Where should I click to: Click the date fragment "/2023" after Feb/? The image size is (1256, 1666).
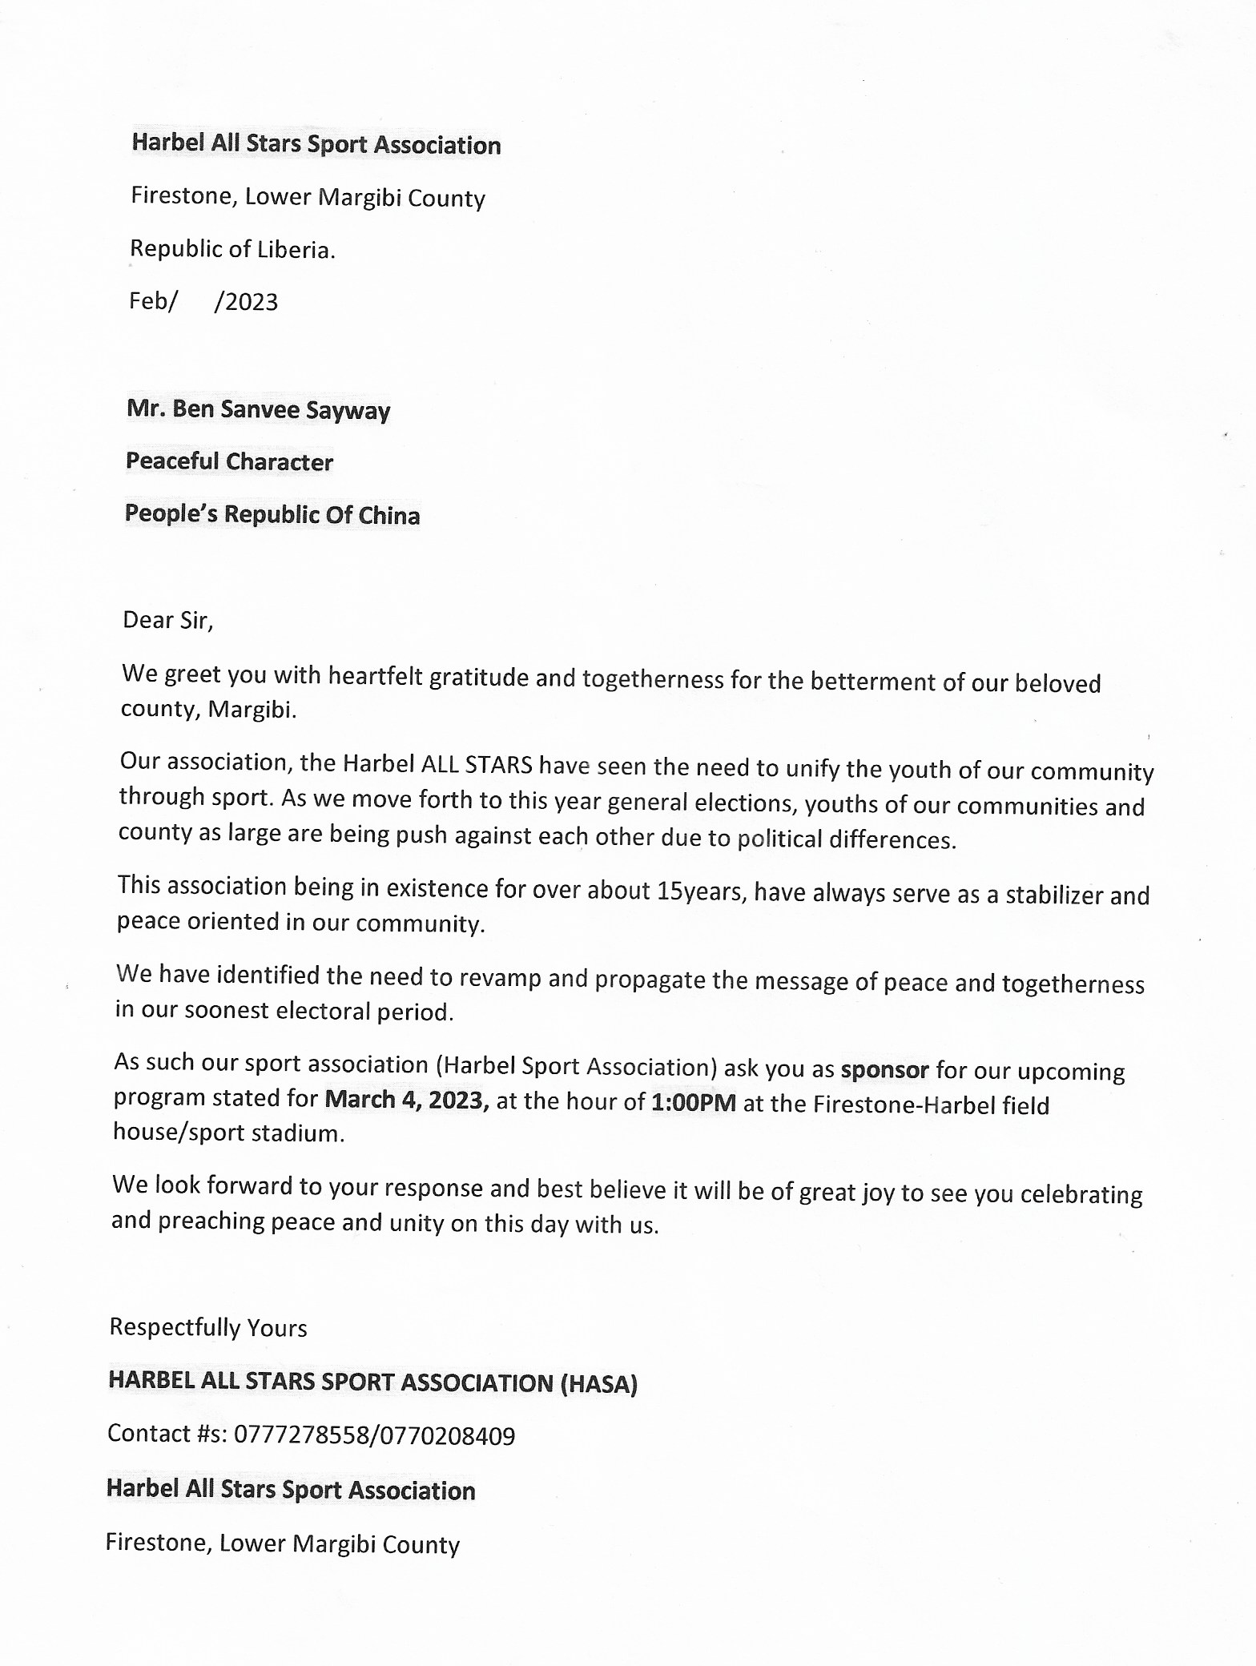[x=247, y=302]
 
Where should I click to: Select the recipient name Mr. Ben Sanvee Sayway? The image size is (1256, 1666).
[x=258, y=409]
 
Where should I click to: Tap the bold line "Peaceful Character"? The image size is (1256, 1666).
[x=229, y=461]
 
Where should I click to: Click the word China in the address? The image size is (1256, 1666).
[x=389, y=515]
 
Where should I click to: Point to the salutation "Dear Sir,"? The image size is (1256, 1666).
[x=167, y=620]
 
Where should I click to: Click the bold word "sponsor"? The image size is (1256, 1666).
[x=884, y=1070]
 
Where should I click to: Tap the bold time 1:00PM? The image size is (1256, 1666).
[x=694, y=1104]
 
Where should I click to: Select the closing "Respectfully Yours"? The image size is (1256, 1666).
[x=208, y=1328]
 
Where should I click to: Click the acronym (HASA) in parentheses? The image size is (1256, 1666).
[x=598, y=1384]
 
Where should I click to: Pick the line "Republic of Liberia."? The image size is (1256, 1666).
[x=232, y=249]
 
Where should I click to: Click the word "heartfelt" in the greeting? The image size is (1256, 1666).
[x=375, y=677]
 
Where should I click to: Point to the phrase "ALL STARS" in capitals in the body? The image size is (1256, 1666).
[x=477, y=764]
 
